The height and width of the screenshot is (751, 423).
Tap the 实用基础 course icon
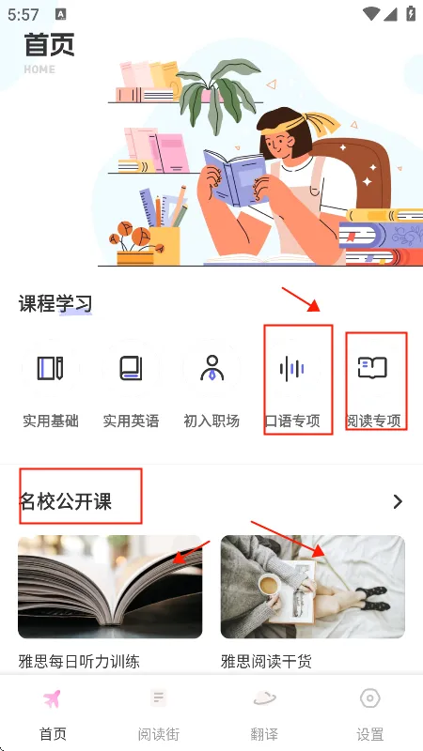[x=51, y=368]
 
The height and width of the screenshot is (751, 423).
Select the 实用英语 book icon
[x=131, y=368]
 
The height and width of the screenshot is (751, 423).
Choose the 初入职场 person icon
[x=211, y=368]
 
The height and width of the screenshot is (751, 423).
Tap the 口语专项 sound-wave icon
[x=292, y=368]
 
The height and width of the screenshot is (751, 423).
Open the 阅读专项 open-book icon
[x=372, y=368]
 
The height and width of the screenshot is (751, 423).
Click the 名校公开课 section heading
[x=65, y=501]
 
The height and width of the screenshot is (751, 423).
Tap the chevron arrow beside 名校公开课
[x=398, y=501]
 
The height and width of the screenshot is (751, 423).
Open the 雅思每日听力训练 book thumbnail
[x=110, y=586]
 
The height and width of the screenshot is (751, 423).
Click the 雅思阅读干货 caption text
[x=266, y=662]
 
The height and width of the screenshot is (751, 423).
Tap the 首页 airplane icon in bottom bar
[x=53, y=698]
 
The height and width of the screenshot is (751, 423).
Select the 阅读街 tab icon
[x=158, y=697]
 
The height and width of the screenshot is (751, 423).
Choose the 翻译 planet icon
[x=264, y=698]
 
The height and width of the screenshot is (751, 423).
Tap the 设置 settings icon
[x=369, y=698]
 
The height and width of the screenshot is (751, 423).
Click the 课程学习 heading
[x=55, y=303]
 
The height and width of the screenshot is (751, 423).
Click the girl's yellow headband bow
[x=322, y=123]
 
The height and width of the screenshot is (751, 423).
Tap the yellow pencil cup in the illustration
[x=164, y=246]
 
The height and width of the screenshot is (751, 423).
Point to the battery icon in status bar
[x=411, y=13]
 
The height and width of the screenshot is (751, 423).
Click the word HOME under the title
[x=39, y=69]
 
